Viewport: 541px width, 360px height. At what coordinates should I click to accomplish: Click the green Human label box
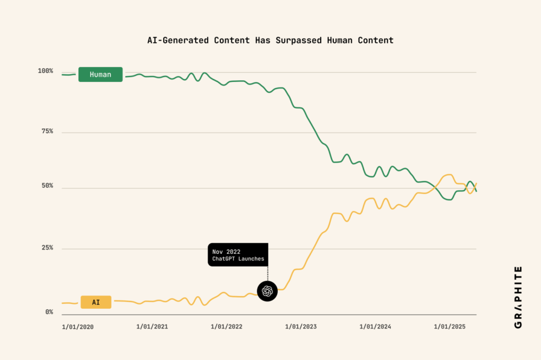coord(100,74)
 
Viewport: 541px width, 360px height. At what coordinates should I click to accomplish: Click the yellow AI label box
coord(96,302)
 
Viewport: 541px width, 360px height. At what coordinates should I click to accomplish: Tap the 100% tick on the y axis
coord(45,71)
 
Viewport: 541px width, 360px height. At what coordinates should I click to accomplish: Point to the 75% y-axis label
coord(45,131)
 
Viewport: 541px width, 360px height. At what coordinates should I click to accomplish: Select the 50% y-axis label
coord(45,186)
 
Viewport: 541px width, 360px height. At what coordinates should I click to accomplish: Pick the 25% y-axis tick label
coord(45,248)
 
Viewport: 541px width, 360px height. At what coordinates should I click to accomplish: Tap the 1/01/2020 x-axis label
coord(78,327)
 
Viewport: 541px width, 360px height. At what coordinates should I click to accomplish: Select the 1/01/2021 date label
coord(152,327)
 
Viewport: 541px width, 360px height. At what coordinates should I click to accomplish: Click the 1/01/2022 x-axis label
coord(227,327)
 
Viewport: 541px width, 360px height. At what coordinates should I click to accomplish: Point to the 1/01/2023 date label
coord(301,327)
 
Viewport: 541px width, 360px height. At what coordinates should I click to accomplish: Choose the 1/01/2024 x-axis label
coord(376,327)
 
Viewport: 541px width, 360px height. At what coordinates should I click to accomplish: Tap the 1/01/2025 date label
coord(450,327)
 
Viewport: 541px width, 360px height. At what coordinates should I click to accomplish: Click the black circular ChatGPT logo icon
coord(267,291)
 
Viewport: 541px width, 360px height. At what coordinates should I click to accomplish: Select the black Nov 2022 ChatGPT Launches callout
coord(238,254)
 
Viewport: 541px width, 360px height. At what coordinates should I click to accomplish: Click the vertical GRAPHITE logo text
coord(518,297)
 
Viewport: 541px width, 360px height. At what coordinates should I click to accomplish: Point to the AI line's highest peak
coord(449,174)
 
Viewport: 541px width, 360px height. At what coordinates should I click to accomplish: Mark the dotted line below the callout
coord(267,273)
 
